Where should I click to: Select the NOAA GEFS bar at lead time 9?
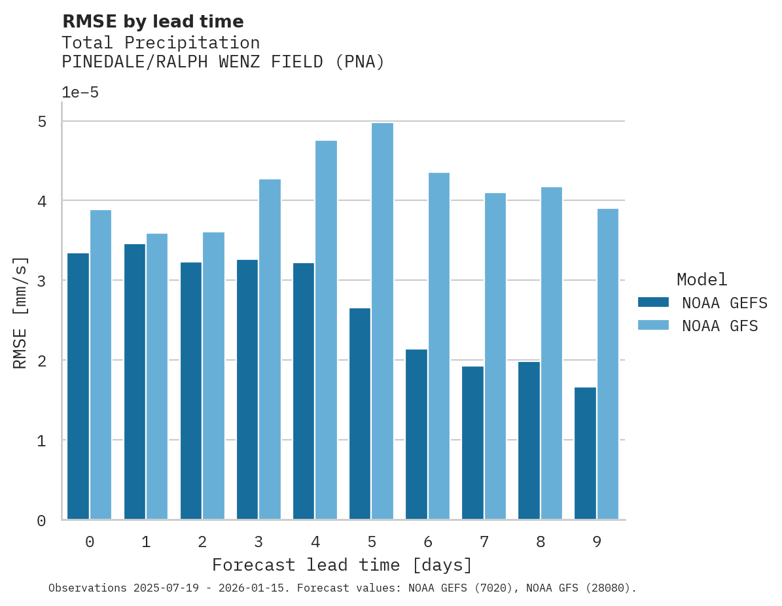pyautogui.click(x=585, y=454)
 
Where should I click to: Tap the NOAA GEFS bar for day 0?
pyautogui.click(x=79, y=386)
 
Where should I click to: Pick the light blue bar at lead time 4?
pyautogui.click(x=326, y=330)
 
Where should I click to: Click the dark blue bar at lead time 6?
pyautogui.click(x=416, y=435)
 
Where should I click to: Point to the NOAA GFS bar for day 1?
pyautogui.click(x=157, y=376)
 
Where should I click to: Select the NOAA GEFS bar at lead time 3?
pyautogui.click(x=247, y=389)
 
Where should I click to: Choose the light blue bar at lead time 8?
pyautogui.click(x=551, y=353)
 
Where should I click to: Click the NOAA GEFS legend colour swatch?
pyautogui.click(x=653, y=302)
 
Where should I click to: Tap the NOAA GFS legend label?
pyautogui.click(x=720, y=326)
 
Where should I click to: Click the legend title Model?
pyautogui.click(x=702, y=279)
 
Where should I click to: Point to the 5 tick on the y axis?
pyautogui.click(x=42, y=122)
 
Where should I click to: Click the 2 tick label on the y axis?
pyautogui.click(x=42, y=361)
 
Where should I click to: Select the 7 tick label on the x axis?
pyautogui.click(x=484, y=542)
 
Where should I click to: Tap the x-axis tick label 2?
pyautogui.click(x=202, y=542)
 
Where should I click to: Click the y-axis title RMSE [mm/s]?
pyautogui.click(x=20, y=312)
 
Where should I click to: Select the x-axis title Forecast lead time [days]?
pyautogui.click(x=342, y=565)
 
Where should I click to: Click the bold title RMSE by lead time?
pyautogui.click(x=152, y=22)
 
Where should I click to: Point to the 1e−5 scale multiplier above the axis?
pyautogui.click(x=80, y=92)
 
